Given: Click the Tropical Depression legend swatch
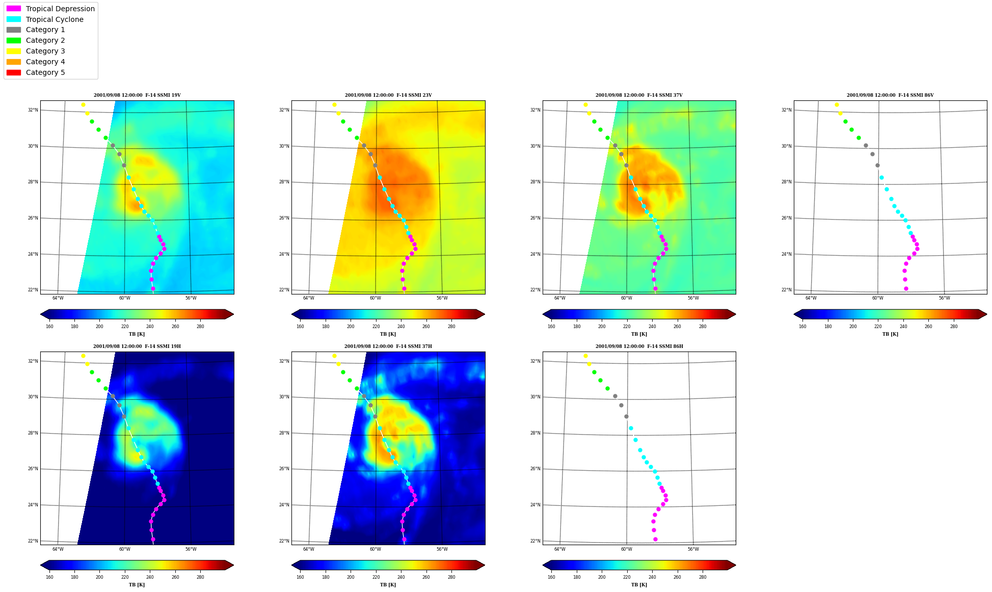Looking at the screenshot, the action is pos(14,9).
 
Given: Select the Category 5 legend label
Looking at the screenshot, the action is pos(45,72).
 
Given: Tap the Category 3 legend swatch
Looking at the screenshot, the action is pos(14,51).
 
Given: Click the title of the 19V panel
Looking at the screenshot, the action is pos(137,95).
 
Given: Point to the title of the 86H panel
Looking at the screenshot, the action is pos(639,346).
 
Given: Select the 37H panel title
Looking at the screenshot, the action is pos(388,346).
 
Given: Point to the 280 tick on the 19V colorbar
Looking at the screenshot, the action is pos(200,327).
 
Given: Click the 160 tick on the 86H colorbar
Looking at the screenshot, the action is pos(551,578).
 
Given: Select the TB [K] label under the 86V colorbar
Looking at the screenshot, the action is pos(890,334).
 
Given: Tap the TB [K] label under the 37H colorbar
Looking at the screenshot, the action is pos(388,585).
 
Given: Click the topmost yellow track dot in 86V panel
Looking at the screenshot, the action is pos(837,105).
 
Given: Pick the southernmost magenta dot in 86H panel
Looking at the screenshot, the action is pos(655,539).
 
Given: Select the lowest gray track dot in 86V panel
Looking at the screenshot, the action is pos(877,165).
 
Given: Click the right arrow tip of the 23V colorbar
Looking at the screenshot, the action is pos(485,314).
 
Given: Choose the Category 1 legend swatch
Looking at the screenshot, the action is pos(14,30).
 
